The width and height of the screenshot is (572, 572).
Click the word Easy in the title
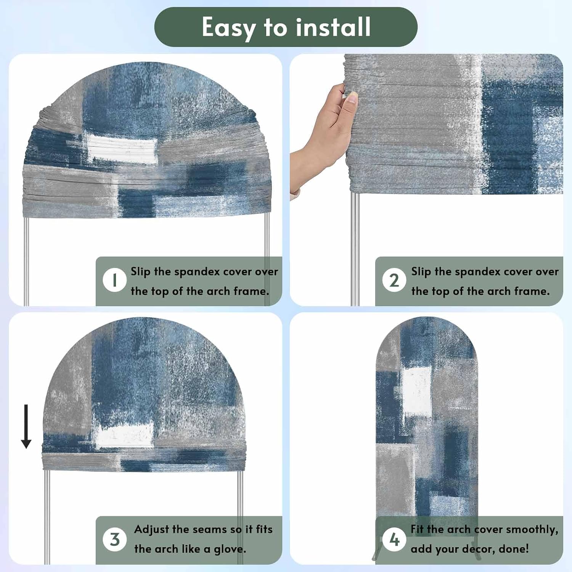(x=228, y=27)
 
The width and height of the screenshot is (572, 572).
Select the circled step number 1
(x=114, y=280)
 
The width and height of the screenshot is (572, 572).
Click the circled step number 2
(x=394, y=280)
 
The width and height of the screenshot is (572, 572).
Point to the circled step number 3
(x=114, y=539)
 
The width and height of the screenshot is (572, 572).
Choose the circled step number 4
(x=394, y=539)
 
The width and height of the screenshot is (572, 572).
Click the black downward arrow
(x=26, y=426)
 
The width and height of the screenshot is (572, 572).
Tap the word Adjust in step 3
(x=152, y=530)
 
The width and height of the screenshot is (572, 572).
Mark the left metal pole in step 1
(x=26, y=262)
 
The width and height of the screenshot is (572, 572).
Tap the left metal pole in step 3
(x=47, y=517)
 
